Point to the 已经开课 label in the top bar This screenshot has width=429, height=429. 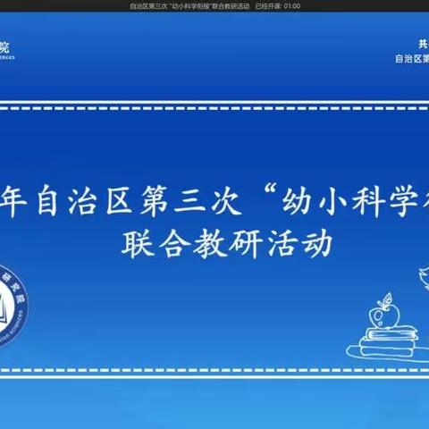[x=267, y=5]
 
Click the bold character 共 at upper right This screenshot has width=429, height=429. [x=423, y=43]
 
